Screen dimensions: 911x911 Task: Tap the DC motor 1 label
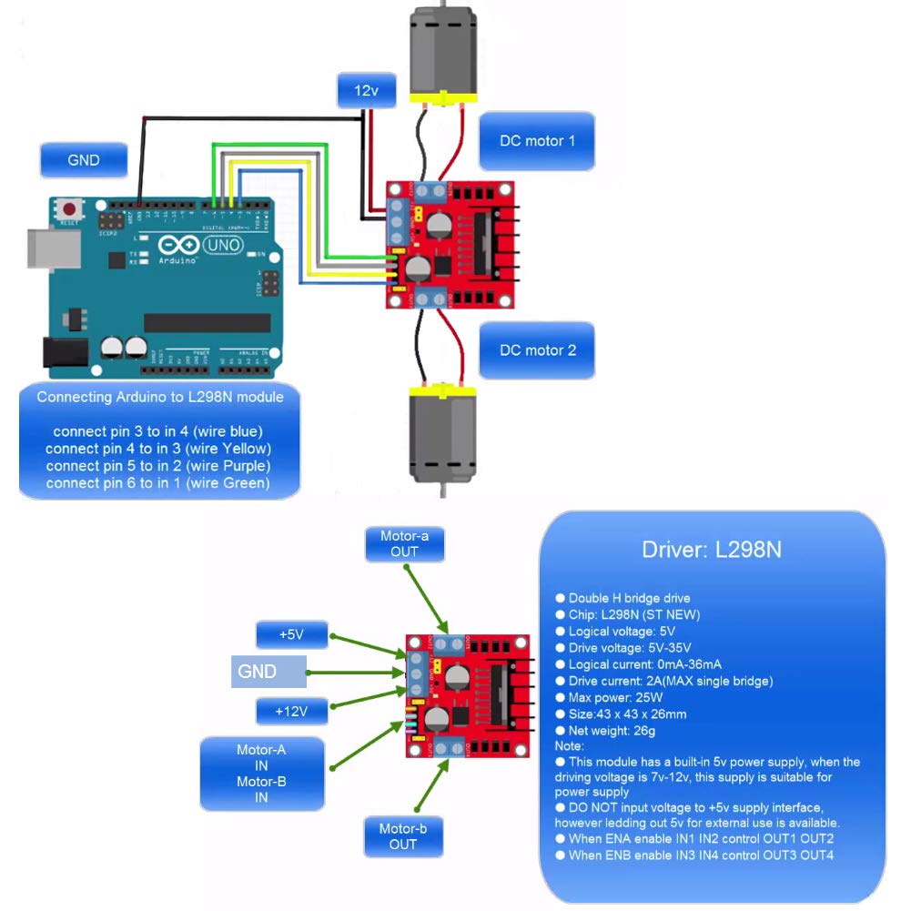click(x=537, y=141)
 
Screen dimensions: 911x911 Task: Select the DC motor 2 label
click(x=537, y=350)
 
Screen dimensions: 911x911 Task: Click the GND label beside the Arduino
click(x=83, y=160)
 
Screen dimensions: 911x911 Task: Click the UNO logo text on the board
click(x=219, y=246)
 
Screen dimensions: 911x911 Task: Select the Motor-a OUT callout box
click(x=404, y=544)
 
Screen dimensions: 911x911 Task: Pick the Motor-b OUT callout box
click(x=403, y=836)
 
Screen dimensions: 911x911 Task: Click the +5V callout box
click(x=291, y=634)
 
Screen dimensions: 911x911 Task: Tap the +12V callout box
click(x=291, y=710)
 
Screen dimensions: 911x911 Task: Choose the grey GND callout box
click(x=268, y=672)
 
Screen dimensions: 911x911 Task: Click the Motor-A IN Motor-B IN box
click(x=262, y=774)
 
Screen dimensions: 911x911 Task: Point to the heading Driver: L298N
click(x=712, y=550)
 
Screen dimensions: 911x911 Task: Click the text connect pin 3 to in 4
click(x=158, y=430)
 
